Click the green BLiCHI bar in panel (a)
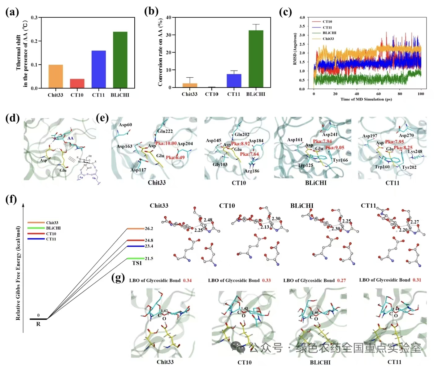coord(120,60)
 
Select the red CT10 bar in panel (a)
coord(77,84)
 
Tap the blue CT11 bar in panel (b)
coord(234,81)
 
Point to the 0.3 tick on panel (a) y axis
coord(34,18)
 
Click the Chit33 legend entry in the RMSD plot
coord(328,39)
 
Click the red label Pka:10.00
coord(166,143)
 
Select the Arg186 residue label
coord(252,171)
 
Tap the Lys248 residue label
coord(415,151)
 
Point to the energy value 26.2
coord(149,229)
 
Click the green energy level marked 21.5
coord(136,258)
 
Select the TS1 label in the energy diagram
coord(137,263)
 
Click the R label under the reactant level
coord(38,324)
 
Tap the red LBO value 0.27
coord(341,280)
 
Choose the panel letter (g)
coord(118,278)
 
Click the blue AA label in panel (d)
coord(71,138)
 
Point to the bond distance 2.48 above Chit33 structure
coord(208,220)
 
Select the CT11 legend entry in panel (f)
coord(51,239)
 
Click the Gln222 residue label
coord(165,131)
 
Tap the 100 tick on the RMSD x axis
coord(421,94)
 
